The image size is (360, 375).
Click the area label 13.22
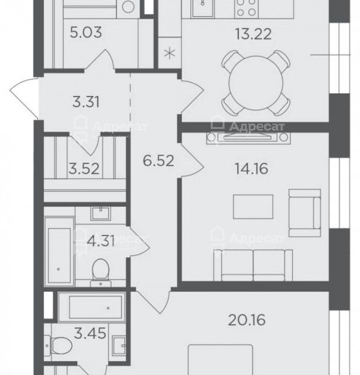point(253,34)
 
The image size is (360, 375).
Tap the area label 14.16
point(251,168)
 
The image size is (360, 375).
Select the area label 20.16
point(247,320)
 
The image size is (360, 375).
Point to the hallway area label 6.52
point(159,161)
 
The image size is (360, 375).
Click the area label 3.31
point(86,101)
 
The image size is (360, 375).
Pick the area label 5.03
point(86,32)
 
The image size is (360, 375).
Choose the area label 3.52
point(84,169)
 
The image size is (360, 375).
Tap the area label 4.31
point(101,241)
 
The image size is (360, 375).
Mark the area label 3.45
point(90,333)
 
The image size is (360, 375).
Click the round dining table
point(256,83)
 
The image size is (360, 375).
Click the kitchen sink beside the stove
point(203,8)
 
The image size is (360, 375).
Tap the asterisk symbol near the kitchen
point(170,53)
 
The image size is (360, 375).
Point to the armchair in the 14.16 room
point(304,213)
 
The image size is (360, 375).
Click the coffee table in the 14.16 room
point(253,207)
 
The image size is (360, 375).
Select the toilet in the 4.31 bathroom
point(101,272)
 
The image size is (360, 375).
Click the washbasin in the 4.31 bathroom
point(101,213)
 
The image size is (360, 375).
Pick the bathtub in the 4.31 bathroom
point(59,252)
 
